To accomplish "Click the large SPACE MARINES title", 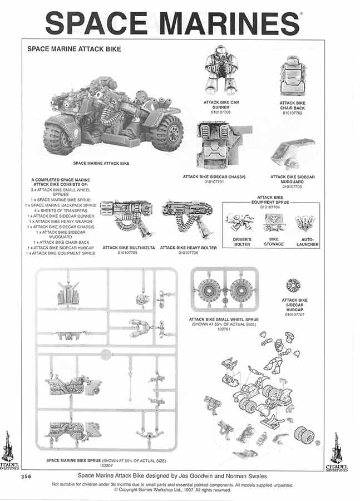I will click(x=172, y=23).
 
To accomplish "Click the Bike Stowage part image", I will click(x=273, y=223).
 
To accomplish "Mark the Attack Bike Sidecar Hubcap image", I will click(x=293, y=285).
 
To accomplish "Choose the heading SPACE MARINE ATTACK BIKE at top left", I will click(x=74, y=49).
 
